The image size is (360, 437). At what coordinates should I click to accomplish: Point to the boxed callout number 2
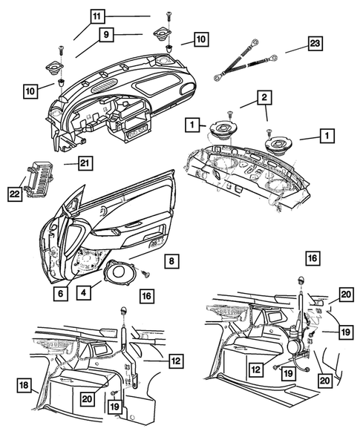(263, 97)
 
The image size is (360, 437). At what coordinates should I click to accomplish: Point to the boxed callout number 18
(24, 384)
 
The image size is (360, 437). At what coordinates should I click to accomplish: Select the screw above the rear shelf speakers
(229, 113)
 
